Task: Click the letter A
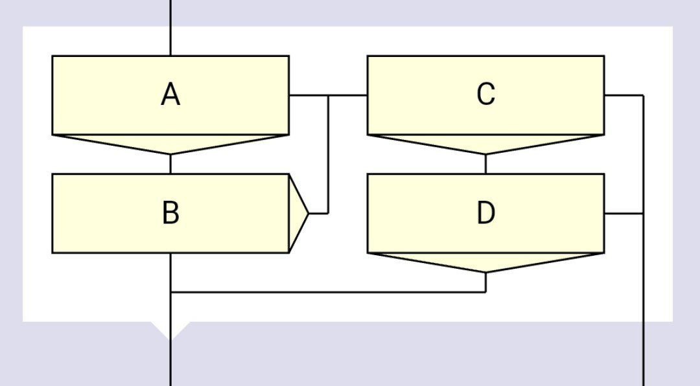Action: point(170,95)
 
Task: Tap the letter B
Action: point(170,213)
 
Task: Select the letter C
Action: point(485,94)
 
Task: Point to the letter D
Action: point(485,213)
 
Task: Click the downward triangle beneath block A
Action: point(170,144)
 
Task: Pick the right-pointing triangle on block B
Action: point(298,213)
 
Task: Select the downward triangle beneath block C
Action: point(485,144)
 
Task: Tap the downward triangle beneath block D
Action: point(485,262)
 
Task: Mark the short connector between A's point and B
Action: point(170,164)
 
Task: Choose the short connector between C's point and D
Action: point(485,164)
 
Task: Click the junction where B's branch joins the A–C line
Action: point(329,95)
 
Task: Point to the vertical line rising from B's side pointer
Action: point(329,155)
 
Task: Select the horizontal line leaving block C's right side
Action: point(624,95)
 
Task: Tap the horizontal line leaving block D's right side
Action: point(624,213)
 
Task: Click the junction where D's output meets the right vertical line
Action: point(644,213)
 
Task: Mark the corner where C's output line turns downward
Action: point(644,95)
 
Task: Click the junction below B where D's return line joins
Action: point(170,292)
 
